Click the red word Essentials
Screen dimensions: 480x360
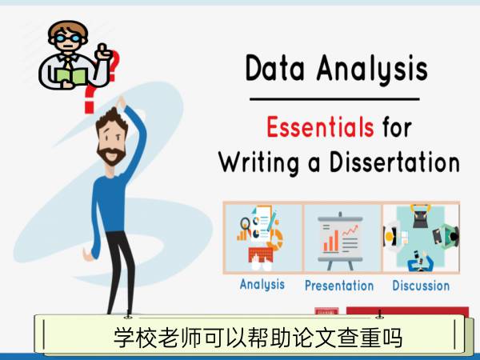[x=320, y=127]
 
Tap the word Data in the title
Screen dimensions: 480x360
[x=275, y=68]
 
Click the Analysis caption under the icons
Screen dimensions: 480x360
[x=262, y=285]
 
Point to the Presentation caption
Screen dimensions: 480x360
[x=339, y=286]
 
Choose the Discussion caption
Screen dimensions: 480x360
[x=421, y=286]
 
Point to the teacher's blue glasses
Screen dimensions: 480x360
[x=68, y=38]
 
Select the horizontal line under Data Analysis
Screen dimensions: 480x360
[x=334, y=99]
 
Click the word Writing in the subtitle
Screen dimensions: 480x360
[x=259, y=162]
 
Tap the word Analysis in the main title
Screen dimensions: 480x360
[x=372, y=69]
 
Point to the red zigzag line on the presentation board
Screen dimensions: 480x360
[x=350, y=230]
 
